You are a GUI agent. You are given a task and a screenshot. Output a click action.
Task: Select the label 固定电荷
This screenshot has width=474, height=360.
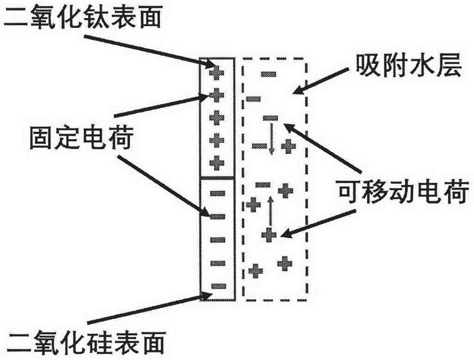pos(81,138)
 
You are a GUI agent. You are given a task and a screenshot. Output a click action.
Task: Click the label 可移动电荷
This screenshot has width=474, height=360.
pos(404,192)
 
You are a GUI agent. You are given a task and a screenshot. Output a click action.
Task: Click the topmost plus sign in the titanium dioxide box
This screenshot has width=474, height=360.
pos(217,73)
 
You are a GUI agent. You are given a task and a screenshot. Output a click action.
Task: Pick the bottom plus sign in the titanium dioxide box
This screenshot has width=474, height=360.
pos(217,163)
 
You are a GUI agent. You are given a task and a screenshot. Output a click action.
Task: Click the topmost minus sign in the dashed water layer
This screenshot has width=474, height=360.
pos(268,73)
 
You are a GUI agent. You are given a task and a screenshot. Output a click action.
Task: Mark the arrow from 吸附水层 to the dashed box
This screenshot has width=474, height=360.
pos(320,81)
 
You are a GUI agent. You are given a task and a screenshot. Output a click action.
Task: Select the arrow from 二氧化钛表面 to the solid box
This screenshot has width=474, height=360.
pos(150,51)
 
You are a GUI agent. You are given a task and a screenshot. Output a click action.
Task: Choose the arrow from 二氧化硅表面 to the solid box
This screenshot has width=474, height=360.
pos(149,308)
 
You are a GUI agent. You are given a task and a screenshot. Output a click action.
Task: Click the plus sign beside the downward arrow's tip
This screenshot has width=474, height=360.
pos(288,146)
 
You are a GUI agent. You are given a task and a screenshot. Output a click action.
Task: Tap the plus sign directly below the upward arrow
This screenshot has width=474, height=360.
pos(269,235)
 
